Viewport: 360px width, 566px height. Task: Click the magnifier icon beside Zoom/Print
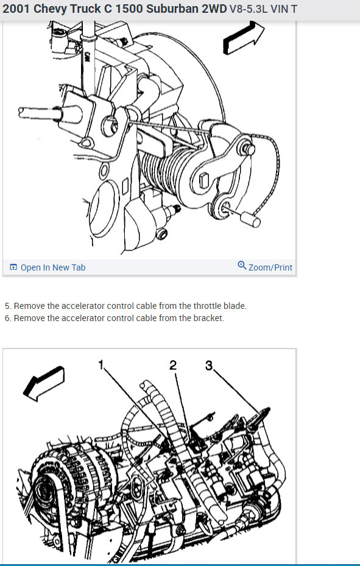[242, 266]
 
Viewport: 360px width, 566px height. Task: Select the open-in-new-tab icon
[13, 267]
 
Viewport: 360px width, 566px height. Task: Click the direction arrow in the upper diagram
[243, 38]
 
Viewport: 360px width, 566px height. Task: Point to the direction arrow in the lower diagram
[44, 383]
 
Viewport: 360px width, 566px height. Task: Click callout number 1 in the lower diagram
[101, 364]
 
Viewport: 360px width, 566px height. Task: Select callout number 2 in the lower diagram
[173, 366]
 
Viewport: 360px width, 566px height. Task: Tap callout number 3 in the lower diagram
[209, 366]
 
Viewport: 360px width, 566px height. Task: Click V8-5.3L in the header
[249, 9]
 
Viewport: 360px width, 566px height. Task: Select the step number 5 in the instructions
[7, 306]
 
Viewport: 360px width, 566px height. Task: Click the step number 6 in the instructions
[7, 319]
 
